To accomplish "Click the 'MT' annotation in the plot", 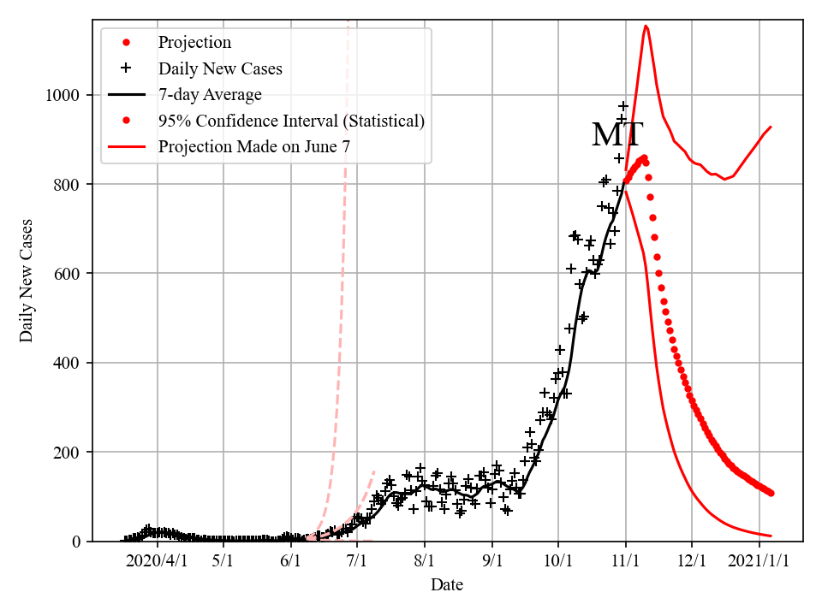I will coord(617,135).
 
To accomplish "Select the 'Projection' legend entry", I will coord(194,43).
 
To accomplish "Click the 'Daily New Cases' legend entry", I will coord(220,68).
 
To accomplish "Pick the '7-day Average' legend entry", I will coord(210,94).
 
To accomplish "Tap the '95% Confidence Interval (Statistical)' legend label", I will coord(291,121).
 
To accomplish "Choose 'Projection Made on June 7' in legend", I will coord(253,146).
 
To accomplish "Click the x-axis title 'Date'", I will coord(447,585).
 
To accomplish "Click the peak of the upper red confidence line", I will coord(646,27).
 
